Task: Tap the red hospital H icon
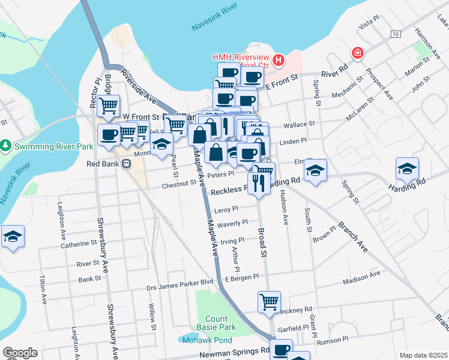tap(278, 60)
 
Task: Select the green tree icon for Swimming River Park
tap(5, 146)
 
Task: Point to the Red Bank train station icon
tap(127, 164)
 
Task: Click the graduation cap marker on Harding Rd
tap(407, 169)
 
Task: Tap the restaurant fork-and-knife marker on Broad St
tap(259, 183)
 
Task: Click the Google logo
tap(20, 353)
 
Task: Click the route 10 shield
tap(395, 34)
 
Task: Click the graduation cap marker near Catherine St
tap(12, 237)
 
